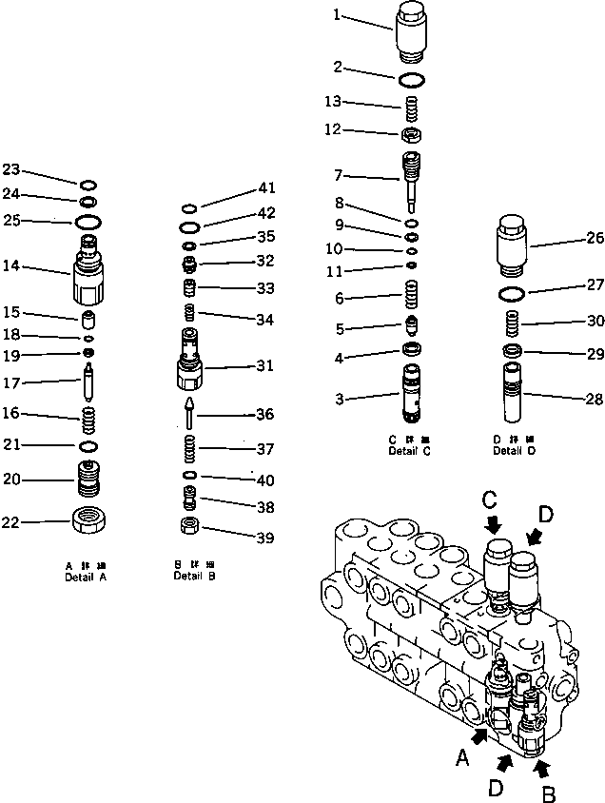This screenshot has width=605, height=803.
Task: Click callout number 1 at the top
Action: click(336, 14)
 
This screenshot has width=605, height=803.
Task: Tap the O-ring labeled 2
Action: click(412, 77)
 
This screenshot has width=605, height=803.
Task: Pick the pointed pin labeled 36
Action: click(189, 413)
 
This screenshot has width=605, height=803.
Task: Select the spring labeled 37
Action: click(190, 447)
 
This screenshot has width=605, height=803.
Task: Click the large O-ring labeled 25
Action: click(88, 222)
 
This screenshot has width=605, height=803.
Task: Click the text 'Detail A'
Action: click(86, 578)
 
